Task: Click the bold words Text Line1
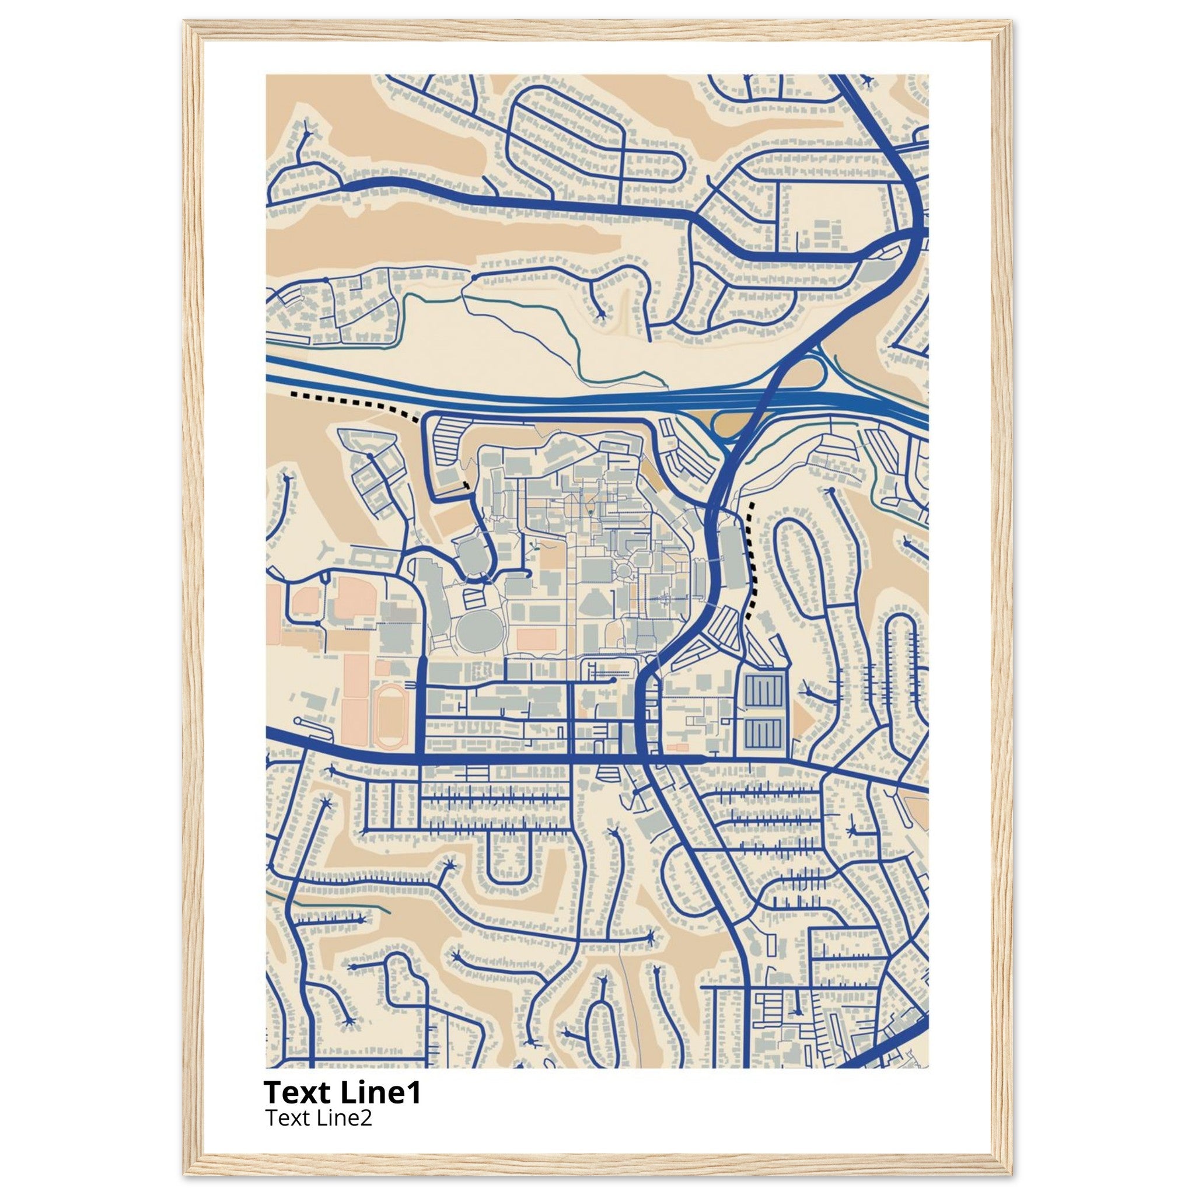coord(342,1093)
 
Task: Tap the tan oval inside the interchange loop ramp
coord(735,424)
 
